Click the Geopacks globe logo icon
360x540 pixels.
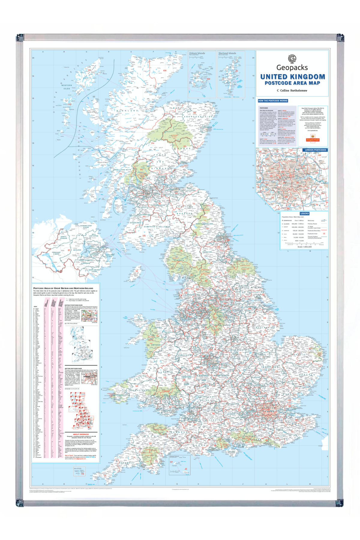click(x=292, y=58)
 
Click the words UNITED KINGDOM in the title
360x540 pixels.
click(x=292, y=77)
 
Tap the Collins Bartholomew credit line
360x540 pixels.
click(x=292, y=90)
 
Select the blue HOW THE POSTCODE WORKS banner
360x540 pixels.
click(x=273, y=101)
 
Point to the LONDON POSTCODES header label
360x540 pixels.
click(x=315, y=150)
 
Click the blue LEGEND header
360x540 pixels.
click(x=304, y=214)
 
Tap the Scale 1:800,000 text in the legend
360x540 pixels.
click(x=304, y=247)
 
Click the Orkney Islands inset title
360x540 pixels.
click(x=197, y=53)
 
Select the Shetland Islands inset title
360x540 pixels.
click(x=227, y=53)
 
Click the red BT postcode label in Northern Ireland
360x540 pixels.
click(x=69, y=250)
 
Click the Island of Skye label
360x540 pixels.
click(x=92, y=112)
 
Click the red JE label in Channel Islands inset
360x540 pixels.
click(x=186, y=469)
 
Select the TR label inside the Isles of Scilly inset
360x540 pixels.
click(x=82, y=474)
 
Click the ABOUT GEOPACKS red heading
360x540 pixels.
click(x=81, y=434)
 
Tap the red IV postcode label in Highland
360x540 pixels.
click(x=131, y=101)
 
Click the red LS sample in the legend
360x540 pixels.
click(x=324, y=233)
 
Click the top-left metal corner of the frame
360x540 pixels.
click(x=20, y=37)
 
